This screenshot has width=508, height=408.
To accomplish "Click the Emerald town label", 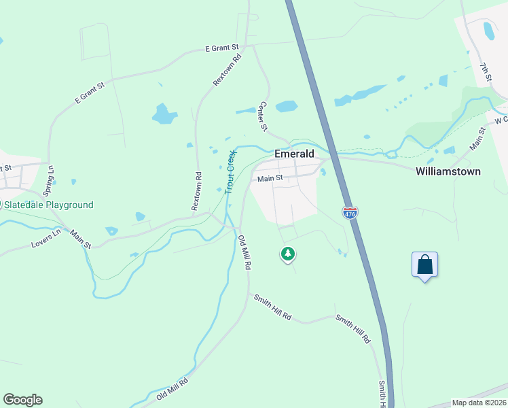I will point(294,154).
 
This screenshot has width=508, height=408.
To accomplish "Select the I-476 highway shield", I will point(350,213).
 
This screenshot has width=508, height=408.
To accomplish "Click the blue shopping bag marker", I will point(424,264).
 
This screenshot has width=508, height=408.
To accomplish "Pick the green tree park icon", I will point(288,254).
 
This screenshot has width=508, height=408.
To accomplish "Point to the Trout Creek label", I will point(230,171).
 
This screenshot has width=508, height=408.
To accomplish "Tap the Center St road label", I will point(264,117).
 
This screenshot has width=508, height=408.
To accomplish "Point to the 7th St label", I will point(485,73).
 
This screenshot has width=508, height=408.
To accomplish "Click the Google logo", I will point(22,400).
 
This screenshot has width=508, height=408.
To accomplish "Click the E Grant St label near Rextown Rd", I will point(223,48).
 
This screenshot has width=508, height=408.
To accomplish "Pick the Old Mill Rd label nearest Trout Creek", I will point(244,253).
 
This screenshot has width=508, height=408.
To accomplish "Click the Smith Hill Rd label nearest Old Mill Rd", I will point(272,307).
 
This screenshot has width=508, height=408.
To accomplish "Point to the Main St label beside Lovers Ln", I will point(80,237).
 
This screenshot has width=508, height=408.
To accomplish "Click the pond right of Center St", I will point(287,106).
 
